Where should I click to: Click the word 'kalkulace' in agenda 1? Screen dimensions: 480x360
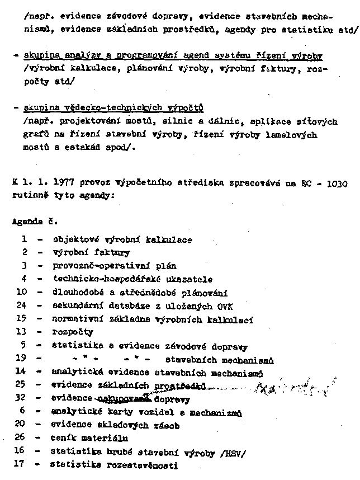[x=171, y=239]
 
